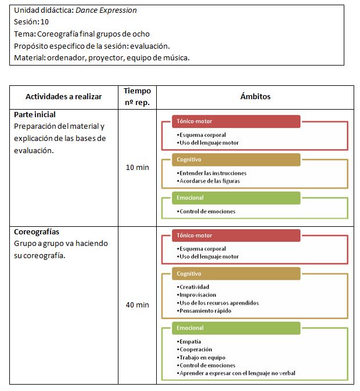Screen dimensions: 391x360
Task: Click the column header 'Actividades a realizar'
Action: [63, 97]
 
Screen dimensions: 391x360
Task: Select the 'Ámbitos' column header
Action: [255, 97]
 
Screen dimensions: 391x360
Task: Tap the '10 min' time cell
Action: [137, 168]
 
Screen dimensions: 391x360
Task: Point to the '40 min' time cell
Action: [137, 305]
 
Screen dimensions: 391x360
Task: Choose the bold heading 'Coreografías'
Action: [37, 232]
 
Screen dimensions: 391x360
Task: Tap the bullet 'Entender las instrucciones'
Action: [213, 173]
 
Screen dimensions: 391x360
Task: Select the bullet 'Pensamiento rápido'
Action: [205, 311]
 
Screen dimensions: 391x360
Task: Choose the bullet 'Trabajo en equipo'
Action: [203, 357]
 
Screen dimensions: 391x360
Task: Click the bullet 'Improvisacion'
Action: [197, 295]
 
